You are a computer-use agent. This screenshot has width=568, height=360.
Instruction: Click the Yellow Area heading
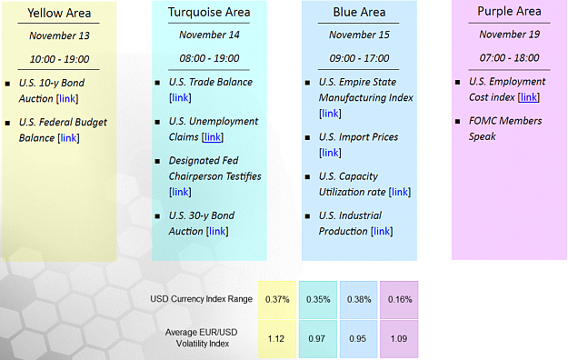[x=59, y=13]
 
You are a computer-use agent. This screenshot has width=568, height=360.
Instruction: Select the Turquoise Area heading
[x=209, y=12]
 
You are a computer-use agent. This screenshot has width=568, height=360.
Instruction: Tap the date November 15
[x=359, y=35]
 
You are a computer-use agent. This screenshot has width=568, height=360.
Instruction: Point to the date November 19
[x=509, y=35]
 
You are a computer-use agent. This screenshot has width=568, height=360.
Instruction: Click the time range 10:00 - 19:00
[x=59, y=59]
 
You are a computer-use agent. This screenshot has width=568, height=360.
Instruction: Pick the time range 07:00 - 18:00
[x=509, y=57]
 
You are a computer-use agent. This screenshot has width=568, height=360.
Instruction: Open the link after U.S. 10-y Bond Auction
[x=67, y=98]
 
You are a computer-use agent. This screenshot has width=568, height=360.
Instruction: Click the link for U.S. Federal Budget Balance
[x=68, y=138]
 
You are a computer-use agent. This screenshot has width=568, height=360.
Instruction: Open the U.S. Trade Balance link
[x=180, y=97]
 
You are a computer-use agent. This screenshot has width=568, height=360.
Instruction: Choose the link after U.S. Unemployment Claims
[x=213, y=137]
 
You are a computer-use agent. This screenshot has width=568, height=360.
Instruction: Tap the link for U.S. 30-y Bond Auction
[x=217, y=231]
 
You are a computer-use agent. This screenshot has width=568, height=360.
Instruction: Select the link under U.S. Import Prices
[x=330, y=153]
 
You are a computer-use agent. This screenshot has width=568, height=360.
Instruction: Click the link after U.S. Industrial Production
[x=382, y=231]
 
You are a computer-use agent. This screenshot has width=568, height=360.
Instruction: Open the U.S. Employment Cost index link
[x=529, y=97]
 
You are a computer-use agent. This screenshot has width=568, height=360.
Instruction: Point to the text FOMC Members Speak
[x=505, y=129]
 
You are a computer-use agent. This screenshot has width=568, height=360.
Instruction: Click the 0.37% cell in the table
[x=277, y=300]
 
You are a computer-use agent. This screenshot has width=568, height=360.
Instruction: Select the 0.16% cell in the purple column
[x=399, y=300]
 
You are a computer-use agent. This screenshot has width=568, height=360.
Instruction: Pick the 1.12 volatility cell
[x=277, y=339]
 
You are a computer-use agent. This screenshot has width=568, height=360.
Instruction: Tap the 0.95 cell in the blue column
[x=358, y=339]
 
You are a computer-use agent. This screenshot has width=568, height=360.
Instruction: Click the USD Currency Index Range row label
[x=202, y=299]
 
